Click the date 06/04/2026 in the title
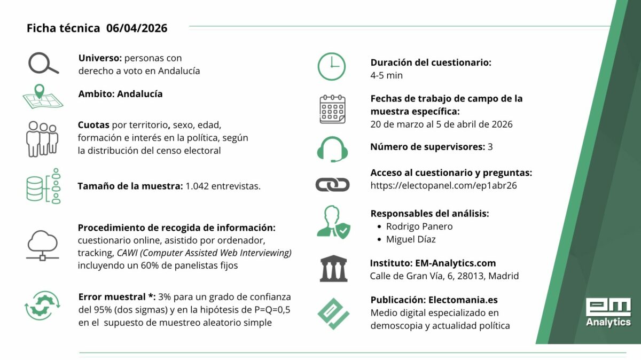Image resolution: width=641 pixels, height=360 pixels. pyautogui.click(x=137, y=28)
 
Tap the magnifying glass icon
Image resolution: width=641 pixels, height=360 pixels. pyautogui.click(x=43, y=64)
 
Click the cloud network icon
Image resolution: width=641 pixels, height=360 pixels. pyautogui.click(x=42, y=245)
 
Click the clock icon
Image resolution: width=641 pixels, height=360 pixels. pyautogui.click(x=332, y=67)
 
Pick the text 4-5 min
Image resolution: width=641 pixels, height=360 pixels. pyautogui.click(x=387, y=75)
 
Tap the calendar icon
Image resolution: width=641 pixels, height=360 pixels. pyautogui.click(x=332, y=109)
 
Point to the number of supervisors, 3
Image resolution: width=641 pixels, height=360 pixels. pyautogui.click(x=490, y=146)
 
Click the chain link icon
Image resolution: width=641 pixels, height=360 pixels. pyautogui.click(x=332, y=185)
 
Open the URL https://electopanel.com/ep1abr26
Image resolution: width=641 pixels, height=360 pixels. pyautogui.click(x=443, y=186)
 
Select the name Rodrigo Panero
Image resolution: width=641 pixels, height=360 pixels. pyautogui.click(x=419, y=226)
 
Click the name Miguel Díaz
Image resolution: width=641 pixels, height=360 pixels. pyautogui.click(x=411, y=239)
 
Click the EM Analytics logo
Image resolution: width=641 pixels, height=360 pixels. pyautogui.click(x=608, y=312)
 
